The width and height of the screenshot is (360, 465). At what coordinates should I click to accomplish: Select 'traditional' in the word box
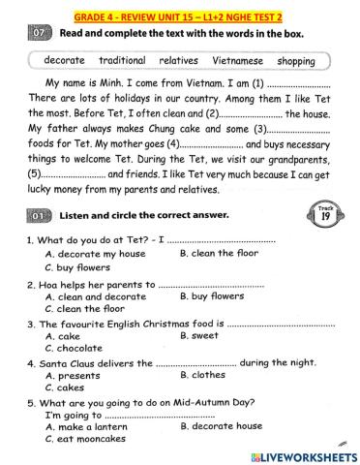(x=122, y=60)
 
